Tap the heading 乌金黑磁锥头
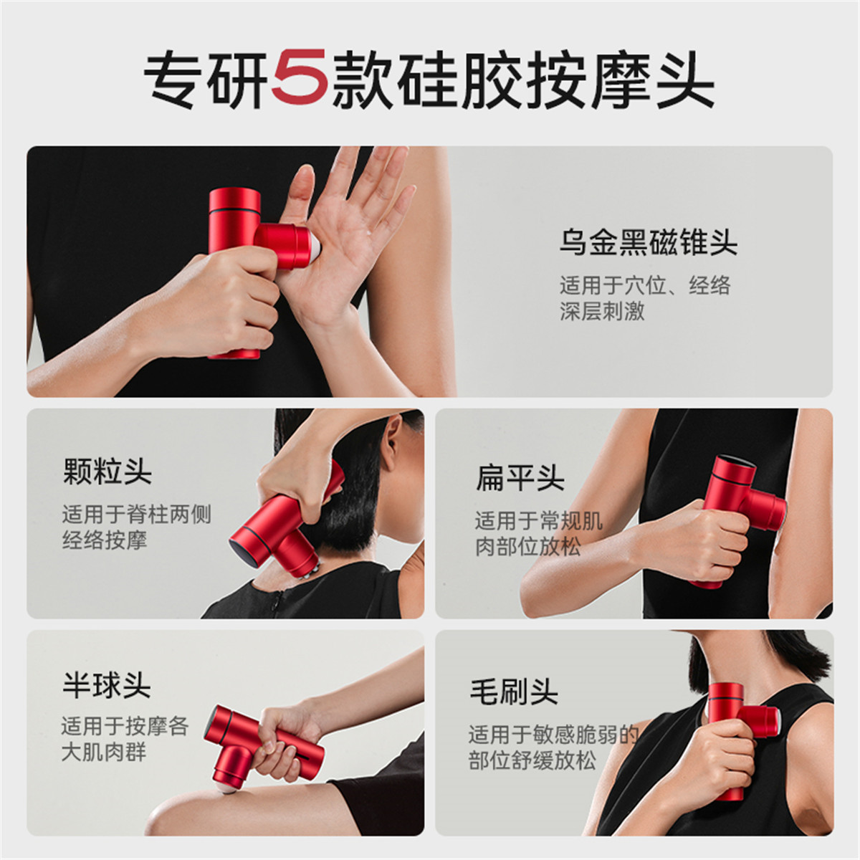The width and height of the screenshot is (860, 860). pos(648,242)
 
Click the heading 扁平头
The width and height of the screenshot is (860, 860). pos(520,477)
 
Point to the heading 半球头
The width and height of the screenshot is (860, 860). pos(106,685)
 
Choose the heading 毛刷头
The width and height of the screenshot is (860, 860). pos(513,692)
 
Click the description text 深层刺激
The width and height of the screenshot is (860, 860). pos(602,311)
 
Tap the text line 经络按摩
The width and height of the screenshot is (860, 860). pos(105,540)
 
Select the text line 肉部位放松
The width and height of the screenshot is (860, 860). pos(527,546)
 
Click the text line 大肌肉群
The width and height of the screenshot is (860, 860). pos(103,752)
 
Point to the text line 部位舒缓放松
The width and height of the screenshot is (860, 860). pos(532,760)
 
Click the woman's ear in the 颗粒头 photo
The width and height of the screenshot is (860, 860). pos(392,444)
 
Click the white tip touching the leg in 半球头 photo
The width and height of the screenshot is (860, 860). pos(225,788)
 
